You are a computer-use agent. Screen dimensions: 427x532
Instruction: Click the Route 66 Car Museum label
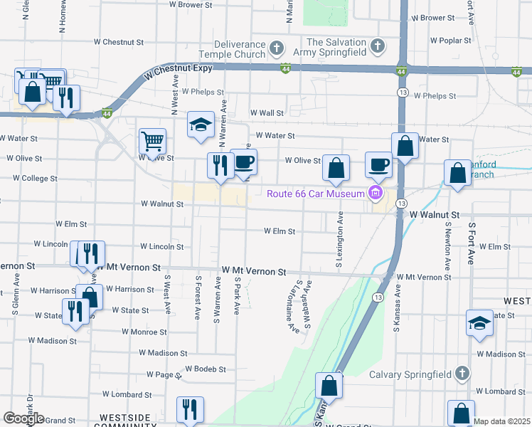(316, 193)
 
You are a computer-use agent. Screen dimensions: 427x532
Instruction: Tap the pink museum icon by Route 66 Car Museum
(375, 193)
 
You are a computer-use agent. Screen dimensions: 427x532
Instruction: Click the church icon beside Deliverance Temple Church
(277, 48)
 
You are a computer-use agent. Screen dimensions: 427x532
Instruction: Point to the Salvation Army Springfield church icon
(379, 47)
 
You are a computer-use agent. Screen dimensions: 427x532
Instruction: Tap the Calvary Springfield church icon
(462, 374)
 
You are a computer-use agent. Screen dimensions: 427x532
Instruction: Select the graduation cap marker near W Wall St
(201, 125)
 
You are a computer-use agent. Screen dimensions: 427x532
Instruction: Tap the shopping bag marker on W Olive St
(336, 168)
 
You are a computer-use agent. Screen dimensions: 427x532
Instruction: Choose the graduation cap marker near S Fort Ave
(479, 322)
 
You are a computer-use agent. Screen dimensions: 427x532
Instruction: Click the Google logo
(23, 418)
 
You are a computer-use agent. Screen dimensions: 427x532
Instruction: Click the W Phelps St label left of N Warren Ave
(203, 92)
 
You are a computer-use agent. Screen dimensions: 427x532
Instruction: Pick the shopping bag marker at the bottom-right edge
(461, 413)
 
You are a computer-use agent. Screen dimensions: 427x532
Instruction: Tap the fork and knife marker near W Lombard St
(190, 409)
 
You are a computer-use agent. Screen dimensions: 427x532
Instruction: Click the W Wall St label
(267, 112)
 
